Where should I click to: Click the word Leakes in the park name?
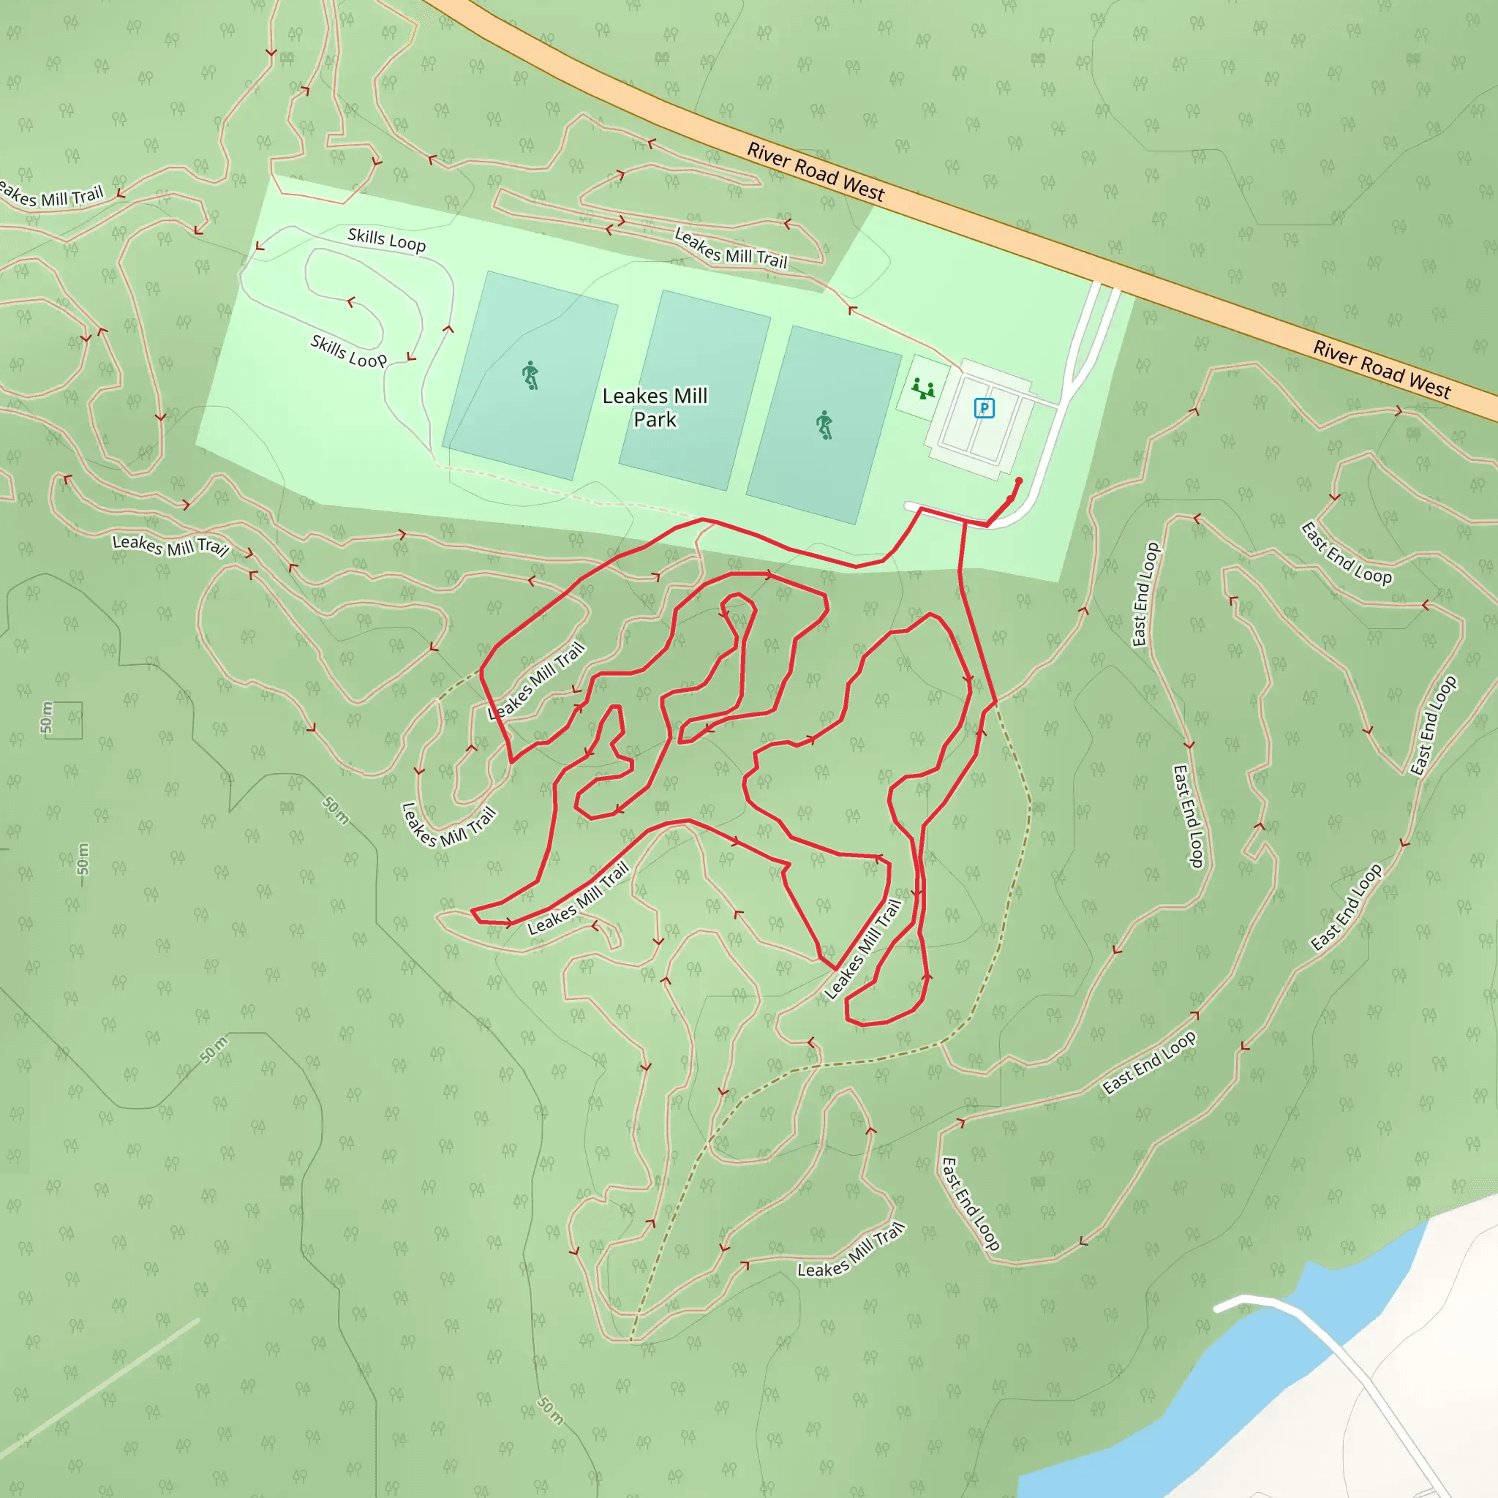(x=634, y=396)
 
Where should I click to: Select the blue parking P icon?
(x=984, y=408)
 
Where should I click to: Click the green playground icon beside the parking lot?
(x=922, y=388)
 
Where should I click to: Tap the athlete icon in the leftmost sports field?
(x=530, y=375)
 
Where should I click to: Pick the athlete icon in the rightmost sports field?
(x=824, y=426)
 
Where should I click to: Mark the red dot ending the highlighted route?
(x=1019, y=481)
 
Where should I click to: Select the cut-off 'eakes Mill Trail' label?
(x=51, y=195)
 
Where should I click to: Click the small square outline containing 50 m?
(x=64, y=720)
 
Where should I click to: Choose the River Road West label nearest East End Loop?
(x=1381, y=371)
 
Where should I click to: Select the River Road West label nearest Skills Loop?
(x=815, y=172)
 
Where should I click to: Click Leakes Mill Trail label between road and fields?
(x=731, y=248)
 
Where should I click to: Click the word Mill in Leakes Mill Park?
(x=689, y=396)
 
